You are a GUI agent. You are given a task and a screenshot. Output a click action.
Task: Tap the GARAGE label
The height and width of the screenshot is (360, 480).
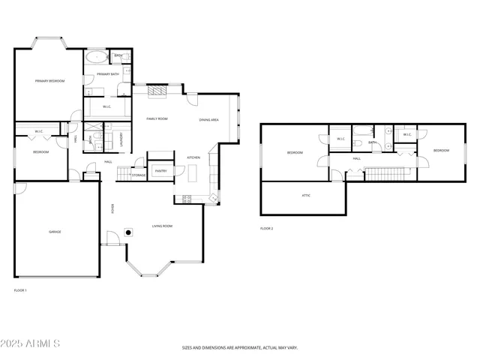coord(55,232)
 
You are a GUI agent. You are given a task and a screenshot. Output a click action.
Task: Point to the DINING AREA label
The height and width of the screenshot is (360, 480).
coord(209,120)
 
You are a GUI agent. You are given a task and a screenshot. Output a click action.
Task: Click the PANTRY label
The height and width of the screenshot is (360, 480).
coord(160,171)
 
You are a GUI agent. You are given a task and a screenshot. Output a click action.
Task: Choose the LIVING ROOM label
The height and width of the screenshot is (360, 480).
coord(163,226)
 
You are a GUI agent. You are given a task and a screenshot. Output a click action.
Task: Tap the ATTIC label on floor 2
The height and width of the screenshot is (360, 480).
coord(306,195)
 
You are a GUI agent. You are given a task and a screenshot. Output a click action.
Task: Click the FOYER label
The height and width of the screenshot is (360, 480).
coord(113,208)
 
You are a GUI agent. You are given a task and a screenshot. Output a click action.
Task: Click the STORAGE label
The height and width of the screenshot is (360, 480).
coord(139,175)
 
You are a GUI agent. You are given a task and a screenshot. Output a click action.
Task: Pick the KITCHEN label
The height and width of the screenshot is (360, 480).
coord(193,157)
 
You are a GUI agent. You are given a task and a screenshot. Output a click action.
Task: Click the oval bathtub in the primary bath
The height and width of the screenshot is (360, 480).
coord(97,57)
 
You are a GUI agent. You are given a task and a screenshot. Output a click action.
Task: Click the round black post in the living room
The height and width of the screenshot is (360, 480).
coord(129,232)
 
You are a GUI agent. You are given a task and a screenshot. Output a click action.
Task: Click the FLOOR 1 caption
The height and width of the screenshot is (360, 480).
coord(20,290)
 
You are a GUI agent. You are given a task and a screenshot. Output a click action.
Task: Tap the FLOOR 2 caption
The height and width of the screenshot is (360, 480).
coord(266,228)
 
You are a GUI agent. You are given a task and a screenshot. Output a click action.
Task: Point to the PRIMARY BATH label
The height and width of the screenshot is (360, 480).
coord(108,74)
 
